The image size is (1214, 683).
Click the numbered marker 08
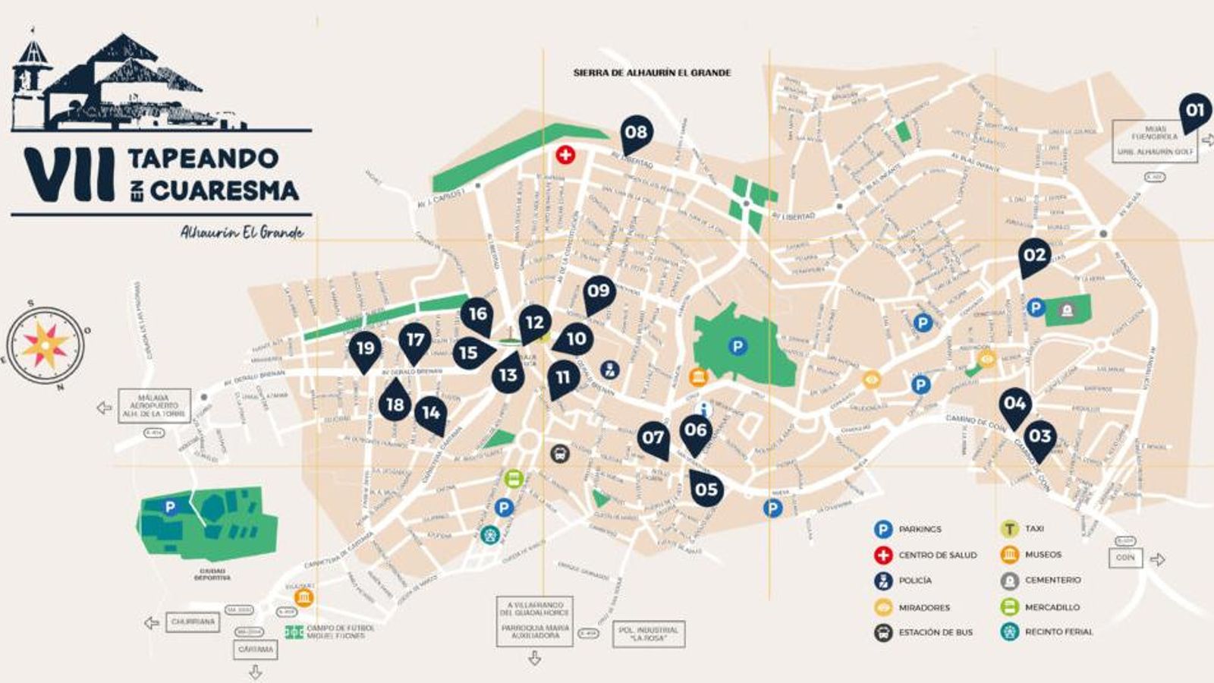pyautogui.click(x=636, y=133)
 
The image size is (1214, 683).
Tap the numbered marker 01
pyautogui.click(x=1195, y=111)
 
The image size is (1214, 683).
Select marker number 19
pyautogui.click(x=366, y=348)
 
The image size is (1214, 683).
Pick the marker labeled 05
pyautogui.click(x=706, y=489)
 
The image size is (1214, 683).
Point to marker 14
pyautogui.click(x=431, y=413)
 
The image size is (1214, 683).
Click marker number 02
pyautogui.click(x=1034, y=255)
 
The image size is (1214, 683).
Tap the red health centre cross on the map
pyautogui.click(x=565, y=156)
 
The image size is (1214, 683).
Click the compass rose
pyautogui.click(x=46, y=345)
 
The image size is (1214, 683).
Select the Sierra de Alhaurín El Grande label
pyautogui.click(x=652, y=73)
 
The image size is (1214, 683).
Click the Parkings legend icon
pyautogui.click(x=882, y=529)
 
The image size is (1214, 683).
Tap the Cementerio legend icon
pyautogui.click(x=1009, y=581)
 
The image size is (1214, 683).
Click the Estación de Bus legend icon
pyautogui.click(x=882, y=632)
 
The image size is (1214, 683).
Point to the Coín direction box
pyautogui.click(x=1125, y=558)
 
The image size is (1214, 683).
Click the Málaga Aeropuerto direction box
pyautogui.click(x=153, y=406)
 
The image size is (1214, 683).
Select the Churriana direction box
pyautogui.click(x=193, y=622)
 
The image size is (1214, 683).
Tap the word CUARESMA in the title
pyautogui.click(x=225, y=190)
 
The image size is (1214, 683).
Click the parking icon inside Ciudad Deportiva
pyautogui.click(x=171, y=507)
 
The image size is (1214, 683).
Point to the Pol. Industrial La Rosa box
pyautogui.click(x=648, y=634)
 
